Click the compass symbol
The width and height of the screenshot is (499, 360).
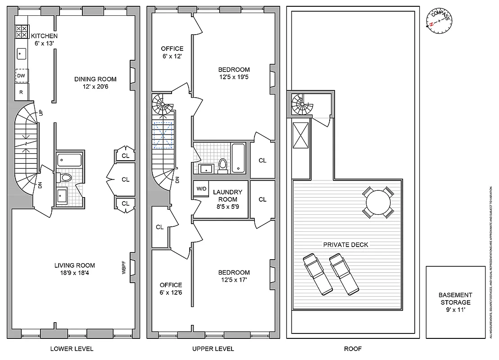(x=439, y=20)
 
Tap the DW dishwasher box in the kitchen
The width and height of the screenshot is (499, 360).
(x=21, y=76)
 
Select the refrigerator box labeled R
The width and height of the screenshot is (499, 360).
(x=21, y=92)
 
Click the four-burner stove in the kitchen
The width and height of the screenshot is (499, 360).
(x=21, y=31)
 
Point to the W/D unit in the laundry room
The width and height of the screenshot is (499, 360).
(x=200, y=189)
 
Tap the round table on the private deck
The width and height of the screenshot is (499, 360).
(x=377, y=203)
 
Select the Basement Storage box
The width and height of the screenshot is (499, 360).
(x=454, y=302)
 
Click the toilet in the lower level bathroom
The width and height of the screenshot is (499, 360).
(x=65, y=178)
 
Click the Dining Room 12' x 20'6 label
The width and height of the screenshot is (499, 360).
(x=92, y=83)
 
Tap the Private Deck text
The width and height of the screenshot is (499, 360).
(x=345, y=245)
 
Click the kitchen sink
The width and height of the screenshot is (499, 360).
(x=21, y=54)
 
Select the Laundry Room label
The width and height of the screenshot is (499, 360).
(x=227, y=196)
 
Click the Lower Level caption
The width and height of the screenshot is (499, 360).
(x=72, y=349)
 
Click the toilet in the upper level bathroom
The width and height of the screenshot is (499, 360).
(x=222, y=165)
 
